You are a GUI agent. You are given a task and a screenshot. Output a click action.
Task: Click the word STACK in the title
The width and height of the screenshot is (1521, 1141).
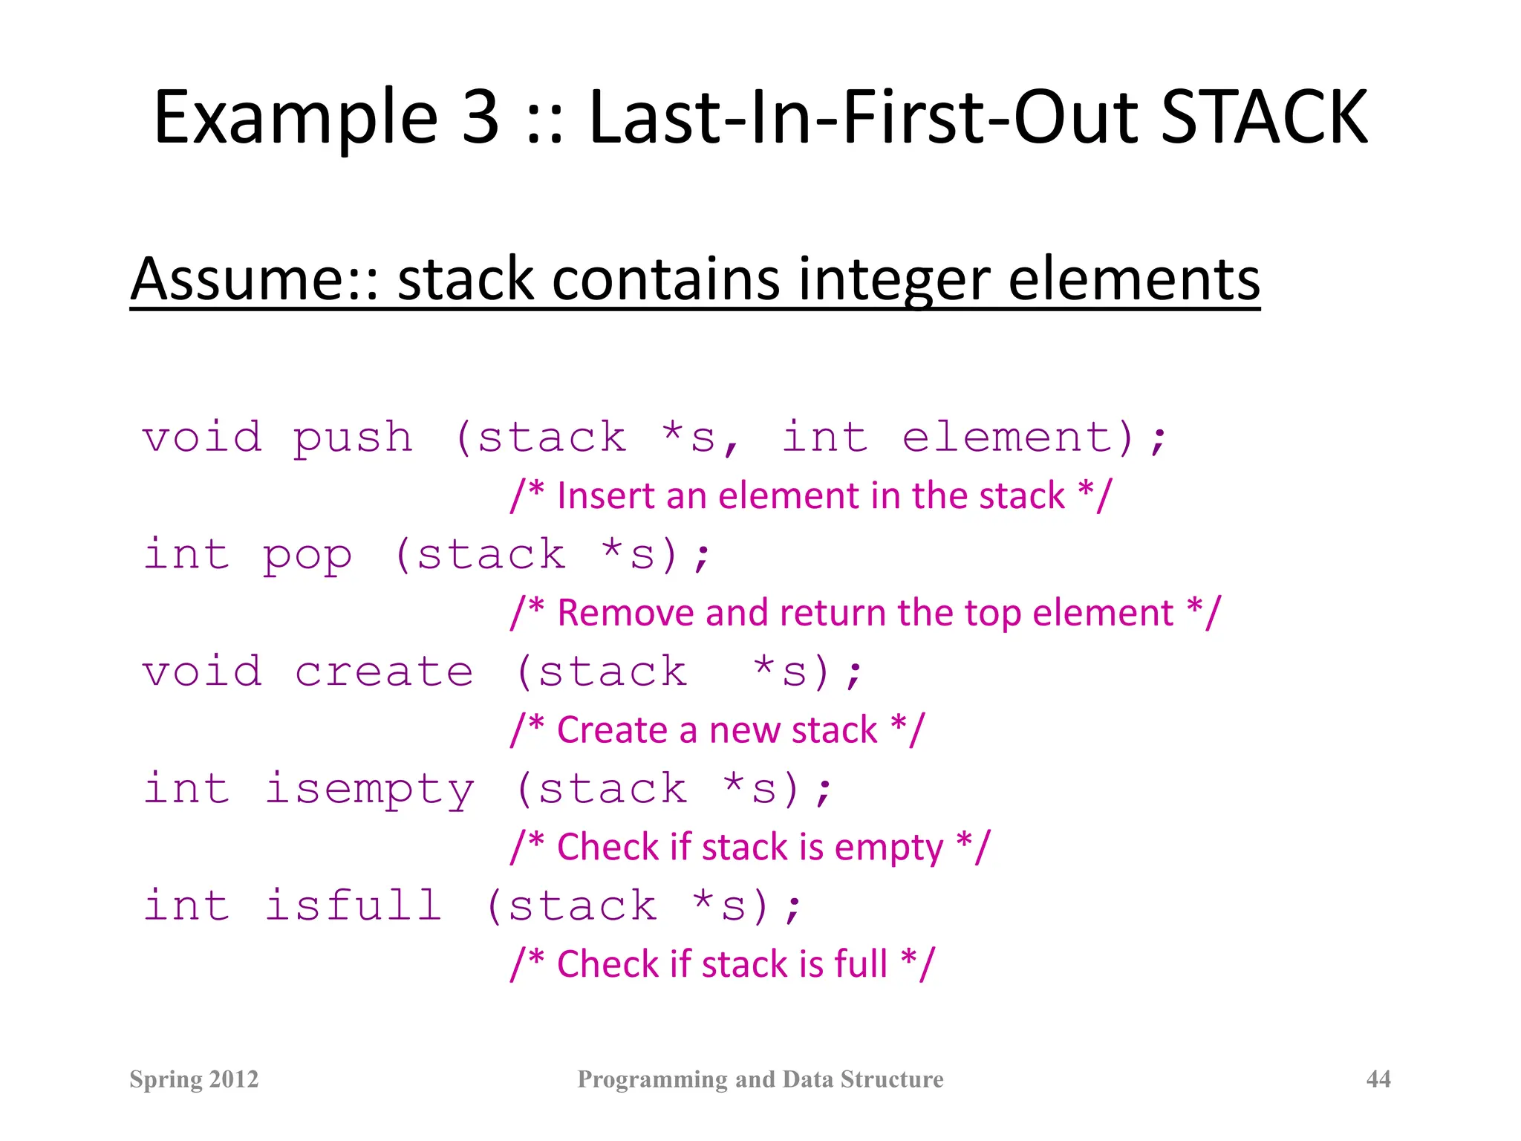click(x=1263, y=117)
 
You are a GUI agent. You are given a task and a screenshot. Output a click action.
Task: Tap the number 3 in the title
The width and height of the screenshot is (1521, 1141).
click(x=481, y=117)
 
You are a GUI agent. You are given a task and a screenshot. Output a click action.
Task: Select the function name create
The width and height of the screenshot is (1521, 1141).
click(x=384, y=672)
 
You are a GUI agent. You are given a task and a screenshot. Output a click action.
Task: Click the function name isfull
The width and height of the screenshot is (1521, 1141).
click(x=354, y=906)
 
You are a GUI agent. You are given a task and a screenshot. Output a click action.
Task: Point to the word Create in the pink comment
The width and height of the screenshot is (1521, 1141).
click(x=611, y=730)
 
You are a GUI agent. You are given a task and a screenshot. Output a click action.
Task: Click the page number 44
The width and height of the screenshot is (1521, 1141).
click(x=1378, y=1079)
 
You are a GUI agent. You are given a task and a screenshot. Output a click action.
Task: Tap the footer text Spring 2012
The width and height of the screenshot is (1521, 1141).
click(x=194, y=1079)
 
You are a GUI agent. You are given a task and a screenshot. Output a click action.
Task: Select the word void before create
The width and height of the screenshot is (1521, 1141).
click(x=202, y=672)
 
